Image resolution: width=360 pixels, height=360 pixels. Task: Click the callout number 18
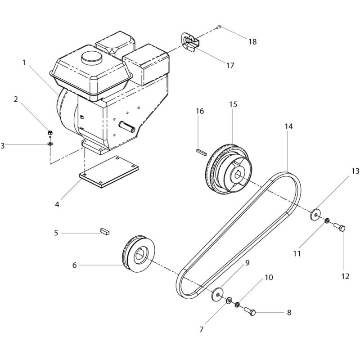point(252,42)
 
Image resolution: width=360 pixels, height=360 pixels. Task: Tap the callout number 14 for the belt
point(289,126)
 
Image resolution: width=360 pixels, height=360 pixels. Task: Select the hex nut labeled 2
point(50,132)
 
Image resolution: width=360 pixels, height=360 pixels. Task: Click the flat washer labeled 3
point(50,144)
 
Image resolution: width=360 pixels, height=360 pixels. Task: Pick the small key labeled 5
point(105,231)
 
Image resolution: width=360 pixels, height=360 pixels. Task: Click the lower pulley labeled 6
point(138,254)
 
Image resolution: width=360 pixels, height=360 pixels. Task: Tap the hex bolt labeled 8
point(250,312)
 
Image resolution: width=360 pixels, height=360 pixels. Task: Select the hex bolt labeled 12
point(339,227)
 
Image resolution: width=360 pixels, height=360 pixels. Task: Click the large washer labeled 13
point(316,215)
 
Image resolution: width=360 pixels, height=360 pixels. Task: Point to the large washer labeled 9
point(217,294)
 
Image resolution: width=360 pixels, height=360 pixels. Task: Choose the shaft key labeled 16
point(202,152)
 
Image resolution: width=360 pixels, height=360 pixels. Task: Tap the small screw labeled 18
point(219,27)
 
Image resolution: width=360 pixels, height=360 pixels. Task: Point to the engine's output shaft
point(127,127)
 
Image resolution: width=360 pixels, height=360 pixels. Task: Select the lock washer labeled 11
point(327,221)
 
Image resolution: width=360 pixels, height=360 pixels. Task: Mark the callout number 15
point(233,104)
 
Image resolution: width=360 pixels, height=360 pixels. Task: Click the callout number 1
point(24,63)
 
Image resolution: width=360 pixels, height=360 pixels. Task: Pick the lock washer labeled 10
point(237,305)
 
